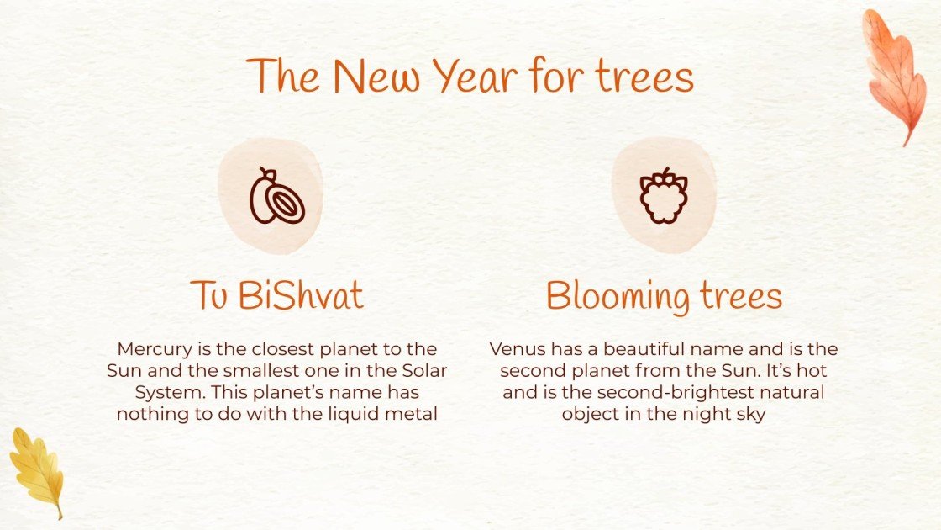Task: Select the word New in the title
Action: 374,77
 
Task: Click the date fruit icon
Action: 276,196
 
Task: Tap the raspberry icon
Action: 664,196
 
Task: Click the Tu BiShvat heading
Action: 276,295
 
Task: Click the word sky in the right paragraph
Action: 750,414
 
